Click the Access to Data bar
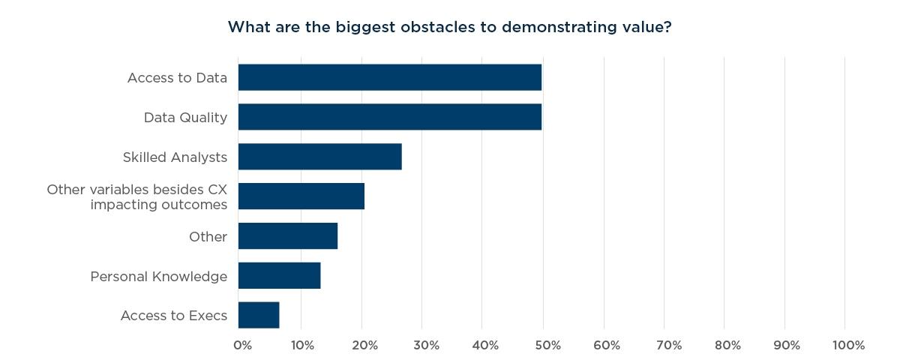[x=389, y=77]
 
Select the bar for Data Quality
[x=389, y=118]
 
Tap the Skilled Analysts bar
[x=319, y=157]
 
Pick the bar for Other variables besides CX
[x=301, y=196]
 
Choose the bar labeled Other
[x=287, y=236]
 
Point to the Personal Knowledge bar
[x=279, y=276]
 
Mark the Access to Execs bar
[x=259, y=316]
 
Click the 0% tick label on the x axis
[x=242, y=345]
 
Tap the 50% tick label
[x=547, y=345]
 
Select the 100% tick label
[x=848, y=345]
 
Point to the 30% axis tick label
[x=425, y=345]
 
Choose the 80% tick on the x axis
[x=727, y=345]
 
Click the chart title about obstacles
[x=449, y=28]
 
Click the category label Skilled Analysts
[x=175, y=157]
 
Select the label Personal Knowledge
[x=158, y=277]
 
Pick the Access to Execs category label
[x=173, y=316]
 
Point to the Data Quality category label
[x=185, y=118]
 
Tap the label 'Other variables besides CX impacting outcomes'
[x=136, y=197]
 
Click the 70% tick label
[x=668, y=345]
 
